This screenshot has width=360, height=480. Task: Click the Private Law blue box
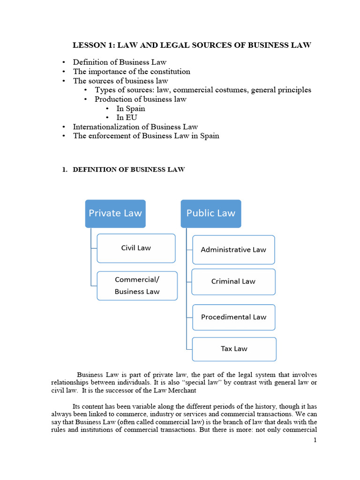pos(115,213)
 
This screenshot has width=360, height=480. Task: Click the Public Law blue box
pos(211,213)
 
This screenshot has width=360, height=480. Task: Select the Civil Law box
pos(136,248)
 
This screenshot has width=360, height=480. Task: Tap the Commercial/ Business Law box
pos(137,285)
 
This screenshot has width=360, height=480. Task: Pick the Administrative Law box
pos(233,250)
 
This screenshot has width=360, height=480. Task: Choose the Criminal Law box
pos(233,282)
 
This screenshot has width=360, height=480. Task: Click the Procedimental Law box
pos(233,317)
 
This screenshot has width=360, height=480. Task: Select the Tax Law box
pos(234,349)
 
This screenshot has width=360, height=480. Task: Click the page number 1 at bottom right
pos(315,440)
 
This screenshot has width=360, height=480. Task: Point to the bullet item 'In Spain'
pos(131,109)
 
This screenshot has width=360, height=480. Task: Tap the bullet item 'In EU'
pos(127,118)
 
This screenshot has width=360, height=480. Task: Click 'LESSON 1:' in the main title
pos(93,45)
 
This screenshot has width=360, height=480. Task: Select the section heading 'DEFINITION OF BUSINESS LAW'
pos(129,170)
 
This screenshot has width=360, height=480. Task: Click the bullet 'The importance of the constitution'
pos(132,72)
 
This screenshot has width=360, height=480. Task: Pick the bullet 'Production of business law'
pos(141,99)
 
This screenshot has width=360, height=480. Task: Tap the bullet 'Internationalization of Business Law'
pos(135,127)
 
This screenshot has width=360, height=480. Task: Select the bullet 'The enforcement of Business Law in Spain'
pos(146,136)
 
